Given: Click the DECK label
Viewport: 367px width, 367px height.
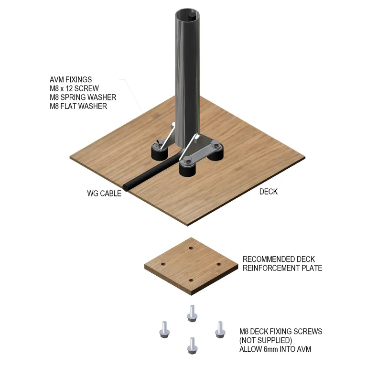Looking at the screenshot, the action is click(x=269, y=192).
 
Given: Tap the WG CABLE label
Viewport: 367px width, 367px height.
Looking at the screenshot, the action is click(x=104, y=194).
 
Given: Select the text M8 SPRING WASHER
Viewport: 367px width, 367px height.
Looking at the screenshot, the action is click(x=83, y=97).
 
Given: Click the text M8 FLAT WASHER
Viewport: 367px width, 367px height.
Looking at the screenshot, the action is click(x=78, y=106).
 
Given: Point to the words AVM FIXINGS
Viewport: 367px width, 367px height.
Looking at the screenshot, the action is click(x=71, y=80).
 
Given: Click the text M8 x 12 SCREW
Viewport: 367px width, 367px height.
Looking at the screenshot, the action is click(x=74, y=88).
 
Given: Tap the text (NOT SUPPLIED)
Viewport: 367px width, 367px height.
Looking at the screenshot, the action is click(x=266, y=340).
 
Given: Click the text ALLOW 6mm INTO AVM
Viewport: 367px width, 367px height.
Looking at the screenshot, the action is click(x=275, y=349).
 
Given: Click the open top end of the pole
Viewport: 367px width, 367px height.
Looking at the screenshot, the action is click(x=188, y=15).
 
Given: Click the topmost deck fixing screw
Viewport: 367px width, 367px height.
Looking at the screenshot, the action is click(x=192, y=313).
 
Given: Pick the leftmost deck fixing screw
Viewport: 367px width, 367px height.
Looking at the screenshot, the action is click(x=164, y=330).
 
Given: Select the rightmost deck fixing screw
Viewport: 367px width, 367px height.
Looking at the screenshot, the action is click(x=220, y=330).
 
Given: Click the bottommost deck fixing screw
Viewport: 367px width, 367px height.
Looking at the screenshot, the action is click(x=192, y=345).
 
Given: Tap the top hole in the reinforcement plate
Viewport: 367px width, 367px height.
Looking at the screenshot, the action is click(x=191, y=248).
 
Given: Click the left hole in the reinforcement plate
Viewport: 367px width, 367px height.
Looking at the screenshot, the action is click(x=163, y=264).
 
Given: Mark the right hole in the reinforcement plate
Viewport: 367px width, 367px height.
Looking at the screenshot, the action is click(x=219, y=264).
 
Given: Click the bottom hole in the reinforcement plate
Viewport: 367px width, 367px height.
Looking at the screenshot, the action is click(x=191, y=280).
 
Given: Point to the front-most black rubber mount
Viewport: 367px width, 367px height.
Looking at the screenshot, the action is click(x=188, y=170).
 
